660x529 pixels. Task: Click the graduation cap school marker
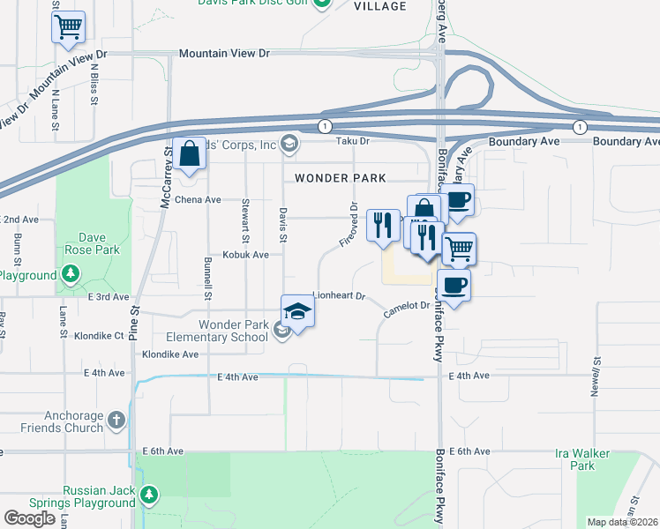click(298, 311)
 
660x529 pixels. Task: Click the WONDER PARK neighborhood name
click(340, 178)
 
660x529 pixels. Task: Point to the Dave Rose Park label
click(98, 243)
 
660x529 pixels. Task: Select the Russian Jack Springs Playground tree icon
click(151, 493)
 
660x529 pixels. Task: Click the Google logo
click(29, 518)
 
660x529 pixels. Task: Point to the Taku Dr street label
click(350, 141)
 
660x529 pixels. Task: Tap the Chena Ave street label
click(200, 200)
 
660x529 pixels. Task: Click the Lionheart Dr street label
click(339, 296)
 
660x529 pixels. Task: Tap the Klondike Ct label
click(99, 336)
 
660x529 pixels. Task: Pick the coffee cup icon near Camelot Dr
click(454, 286)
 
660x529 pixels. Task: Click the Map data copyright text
click(623, 522)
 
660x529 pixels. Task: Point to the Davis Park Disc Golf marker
click(322, 4)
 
